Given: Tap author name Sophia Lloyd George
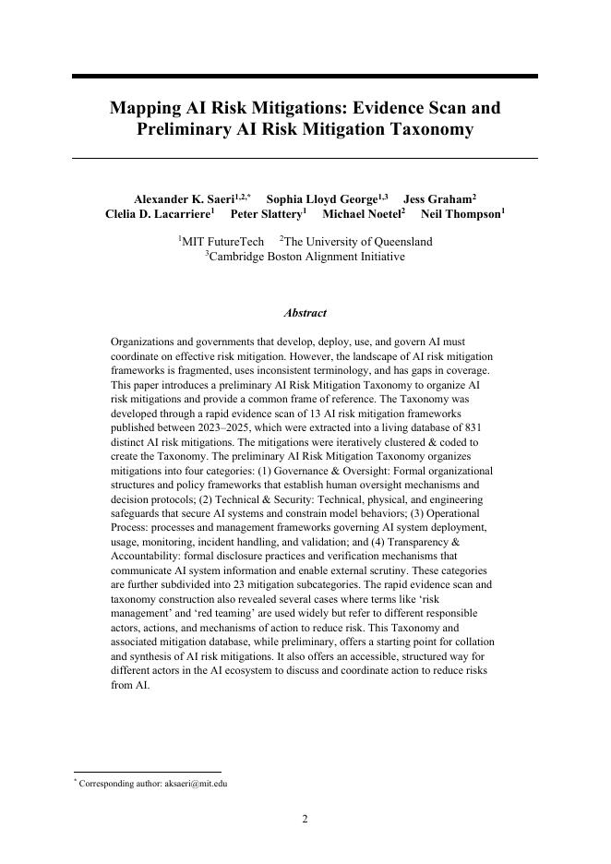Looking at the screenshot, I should coord(322,199).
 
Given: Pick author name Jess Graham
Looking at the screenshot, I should coord(437,199).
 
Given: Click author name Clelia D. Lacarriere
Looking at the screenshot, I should coord(158,214).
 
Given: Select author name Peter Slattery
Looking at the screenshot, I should coord(267,214).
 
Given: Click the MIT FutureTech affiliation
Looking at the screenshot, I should coord(222,242).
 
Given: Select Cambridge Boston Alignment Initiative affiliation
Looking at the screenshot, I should coord(306,257).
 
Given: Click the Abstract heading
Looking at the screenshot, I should coord(305,313).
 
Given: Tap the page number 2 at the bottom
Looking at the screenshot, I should coord(305,819).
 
